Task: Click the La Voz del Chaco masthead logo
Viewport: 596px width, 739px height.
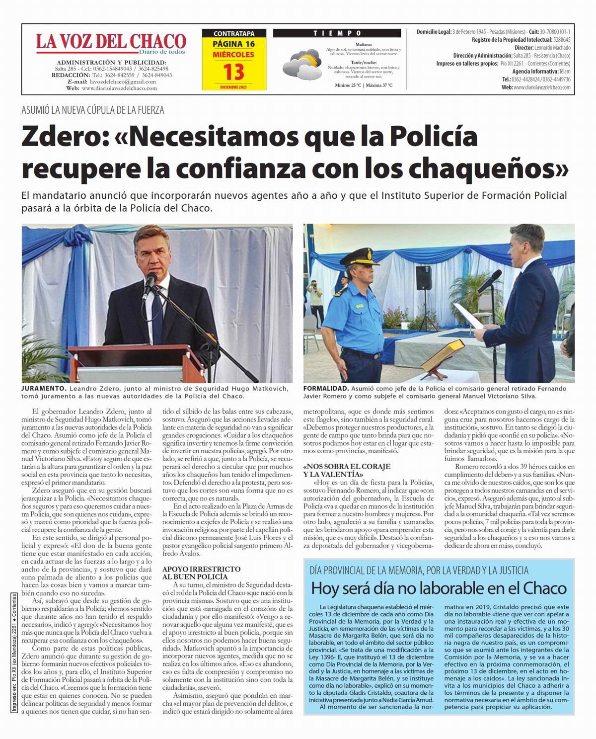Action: click(111, 43)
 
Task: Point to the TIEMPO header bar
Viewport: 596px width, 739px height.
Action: click(338, 33)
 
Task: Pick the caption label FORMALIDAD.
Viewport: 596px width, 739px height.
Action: click(325, 388)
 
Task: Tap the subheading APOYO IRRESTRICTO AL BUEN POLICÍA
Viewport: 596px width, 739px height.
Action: click(202, 573)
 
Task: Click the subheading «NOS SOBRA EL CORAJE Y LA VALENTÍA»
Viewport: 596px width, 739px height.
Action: click(347, 471)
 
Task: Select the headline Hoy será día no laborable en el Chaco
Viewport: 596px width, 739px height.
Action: click(439, 588)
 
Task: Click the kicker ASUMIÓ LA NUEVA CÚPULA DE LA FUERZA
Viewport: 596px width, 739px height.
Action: click(93, 110)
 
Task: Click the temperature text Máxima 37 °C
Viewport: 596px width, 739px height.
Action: click(378, 85)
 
